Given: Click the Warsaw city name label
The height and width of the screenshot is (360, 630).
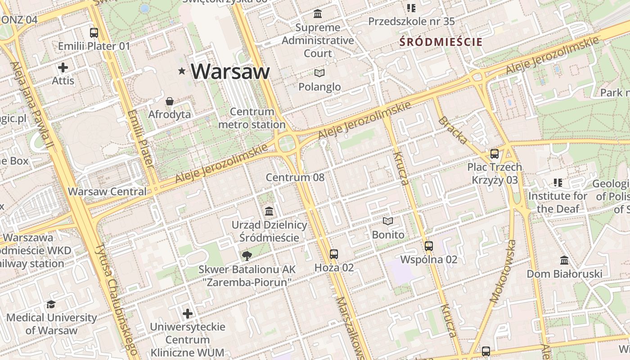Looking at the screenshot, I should pyautogui.click(x=230, y=71).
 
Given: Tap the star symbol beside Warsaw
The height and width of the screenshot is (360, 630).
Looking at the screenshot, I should pyautogui.click(x=182, y=71).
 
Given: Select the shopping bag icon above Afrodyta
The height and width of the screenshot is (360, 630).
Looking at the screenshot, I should pyautogui.click(x=170, y=101).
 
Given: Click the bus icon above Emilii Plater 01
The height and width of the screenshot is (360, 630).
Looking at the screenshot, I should pyautogui.click(x=94, y=32).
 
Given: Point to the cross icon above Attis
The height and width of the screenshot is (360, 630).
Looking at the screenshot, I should pyautogui.click(x=63, y=67).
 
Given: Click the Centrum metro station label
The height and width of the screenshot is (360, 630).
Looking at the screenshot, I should pyautogui.click(x=252, y=118).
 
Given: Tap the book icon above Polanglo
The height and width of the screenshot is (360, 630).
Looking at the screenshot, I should pyautogui.click(x=319, y=73).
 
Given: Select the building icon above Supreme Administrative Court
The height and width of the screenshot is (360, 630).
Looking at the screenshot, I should pyautogui.click(x=318, y=14).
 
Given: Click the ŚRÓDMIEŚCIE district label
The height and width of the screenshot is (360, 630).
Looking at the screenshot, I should pyautogui.click(x=441, y=42).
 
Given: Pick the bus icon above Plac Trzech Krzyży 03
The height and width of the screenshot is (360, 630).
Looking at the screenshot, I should pyautogui.click(x=495, y=154).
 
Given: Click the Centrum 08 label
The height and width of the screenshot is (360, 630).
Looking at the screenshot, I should pyautogui.click(x=295, y=177).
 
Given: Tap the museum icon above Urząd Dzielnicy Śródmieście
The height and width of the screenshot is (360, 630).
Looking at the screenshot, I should pyautogui.click(x=269, y=211).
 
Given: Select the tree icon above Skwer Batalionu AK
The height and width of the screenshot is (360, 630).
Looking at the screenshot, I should pyautogui.click(x=247, y=256).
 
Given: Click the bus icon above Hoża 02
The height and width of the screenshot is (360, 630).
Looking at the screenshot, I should pyautogui.click(x=333, y=254).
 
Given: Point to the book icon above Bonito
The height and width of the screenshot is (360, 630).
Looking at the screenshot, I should pyautogui.click(x=388, y=221).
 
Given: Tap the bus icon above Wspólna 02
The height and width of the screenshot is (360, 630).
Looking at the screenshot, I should pyautogui.click(x=428, y=246).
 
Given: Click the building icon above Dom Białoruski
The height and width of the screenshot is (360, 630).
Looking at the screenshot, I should pyautogui.click(x=564, y=260).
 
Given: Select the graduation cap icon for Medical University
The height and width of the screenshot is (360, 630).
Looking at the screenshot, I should pyautogui.click(x=51, y=305).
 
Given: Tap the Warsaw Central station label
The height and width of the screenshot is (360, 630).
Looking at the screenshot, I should pyautogui.click(x=107, y=191).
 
